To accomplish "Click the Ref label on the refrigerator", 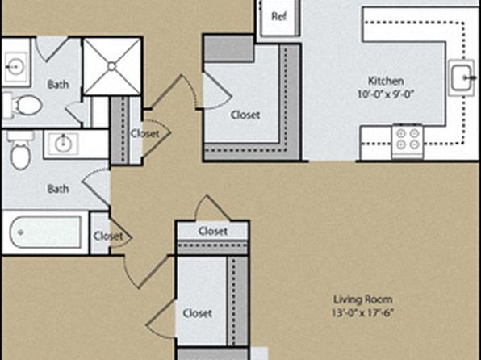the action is click(279, 16).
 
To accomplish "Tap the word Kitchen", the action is click(386, 81).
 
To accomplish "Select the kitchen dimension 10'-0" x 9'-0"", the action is click(386, 94).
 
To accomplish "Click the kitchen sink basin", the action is click(461, 77).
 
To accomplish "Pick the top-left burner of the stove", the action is click(400, 133).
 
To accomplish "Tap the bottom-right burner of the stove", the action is click(414, 144).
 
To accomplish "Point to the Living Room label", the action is click(363, 299).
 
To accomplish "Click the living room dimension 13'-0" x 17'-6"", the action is click(362, 312).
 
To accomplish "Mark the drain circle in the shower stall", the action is click(111, 66).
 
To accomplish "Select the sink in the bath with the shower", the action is click(16, 65).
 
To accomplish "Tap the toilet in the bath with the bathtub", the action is click(21, 150).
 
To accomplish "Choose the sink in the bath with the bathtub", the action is click(64, 143).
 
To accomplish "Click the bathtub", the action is click(46, 232).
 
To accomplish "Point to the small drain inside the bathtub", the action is click(21, 232).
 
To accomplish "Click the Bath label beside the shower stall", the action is click(58, 85).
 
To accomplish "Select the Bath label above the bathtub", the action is click(58, 189).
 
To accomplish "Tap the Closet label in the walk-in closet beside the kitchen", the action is click(245, 115).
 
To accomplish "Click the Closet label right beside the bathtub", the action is click(108, 236).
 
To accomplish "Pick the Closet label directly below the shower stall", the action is click(145, 133).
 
